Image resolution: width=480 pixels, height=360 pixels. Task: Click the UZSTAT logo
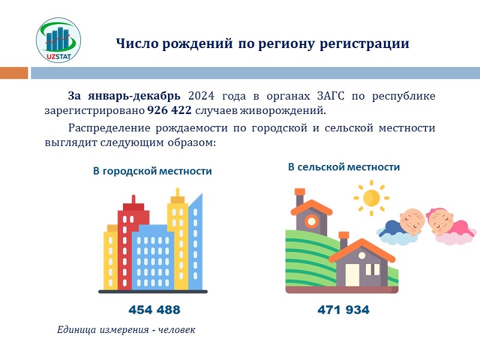(58, 40)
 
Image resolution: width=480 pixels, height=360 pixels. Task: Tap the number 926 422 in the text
(169, 110)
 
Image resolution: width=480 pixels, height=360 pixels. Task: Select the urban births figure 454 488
(154, 310)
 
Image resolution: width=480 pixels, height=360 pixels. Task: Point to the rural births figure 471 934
(343, 310)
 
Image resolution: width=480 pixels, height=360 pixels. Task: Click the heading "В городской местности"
(152, 171)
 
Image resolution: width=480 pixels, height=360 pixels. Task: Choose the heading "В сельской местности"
(344, 167)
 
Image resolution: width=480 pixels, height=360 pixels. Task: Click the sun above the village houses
(371, 198)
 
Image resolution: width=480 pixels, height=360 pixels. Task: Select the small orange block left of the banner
(14, 73)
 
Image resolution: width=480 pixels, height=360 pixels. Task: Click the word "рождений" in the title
(197, 44)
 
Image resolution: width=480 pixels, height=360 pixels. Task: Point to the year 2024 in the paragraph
(201, 96)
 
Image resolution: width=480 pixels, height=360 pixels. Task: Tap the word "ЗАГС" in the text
(331, 96)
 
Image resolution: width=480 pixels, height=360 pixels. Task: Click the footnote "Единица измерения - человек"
(126, 330)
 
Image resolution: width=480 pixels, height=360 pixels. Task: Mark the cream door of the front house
(352, 275)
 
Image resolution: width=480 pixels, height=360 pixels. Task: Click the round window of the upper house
(311, 221)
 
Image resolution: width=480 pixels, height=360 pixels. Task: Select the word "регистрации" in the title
(364, 44)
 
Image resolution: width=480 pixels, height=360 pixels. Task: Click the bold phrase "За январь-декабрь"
(124, 96)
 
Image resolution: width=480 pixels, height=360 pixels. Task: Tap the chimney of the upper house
(299, 197)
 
